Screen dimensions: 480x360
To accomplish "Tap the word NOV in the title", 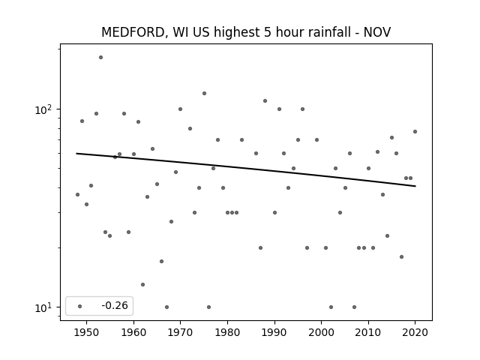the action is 376,32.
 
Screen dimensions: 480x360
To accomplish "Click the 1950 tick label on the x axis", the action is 87,332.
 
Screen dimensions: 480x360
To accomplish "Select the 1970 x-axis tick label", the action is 180,332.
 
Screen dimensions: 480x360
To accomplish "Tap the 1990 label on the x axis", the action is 274,332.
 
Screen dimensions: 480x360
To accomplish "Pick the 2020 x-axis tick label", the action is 415,332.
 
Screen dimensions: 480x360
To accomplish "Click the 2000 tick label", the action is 322,332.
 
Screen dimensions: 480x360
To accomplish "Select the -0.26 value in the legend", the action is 115,305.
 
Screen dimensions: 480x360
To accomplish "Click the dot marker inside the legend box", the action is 80,306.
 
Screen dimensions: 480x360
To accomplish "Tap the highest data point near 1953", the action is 100,57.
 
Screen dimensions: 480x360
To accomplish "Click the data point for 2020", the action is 415,132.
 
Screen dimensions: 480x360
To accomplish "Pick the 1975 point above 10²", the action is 204,93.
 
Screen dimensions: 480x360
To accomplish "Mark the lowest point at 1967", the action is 166,307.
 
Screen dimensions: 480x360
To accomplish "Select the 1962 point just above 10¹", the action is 142,285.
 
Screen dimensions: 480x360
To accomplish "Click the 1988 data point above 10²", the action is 265,100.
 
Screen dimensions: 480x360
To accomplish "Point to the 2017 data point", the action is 402,256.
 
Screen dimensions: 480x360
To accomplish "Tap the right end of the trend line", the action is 415,186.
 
